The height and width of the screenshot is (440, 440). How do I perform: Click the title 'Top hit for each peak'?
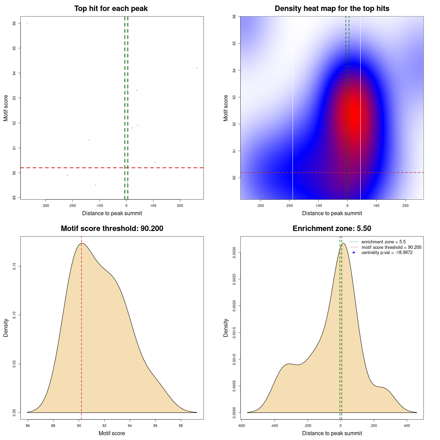(111, 9)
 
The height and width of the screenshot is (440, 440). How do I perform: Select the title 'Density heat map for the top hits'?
(332, 9)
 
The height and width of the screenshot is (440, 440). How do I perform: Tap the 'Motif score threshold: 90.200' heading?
(112, 229)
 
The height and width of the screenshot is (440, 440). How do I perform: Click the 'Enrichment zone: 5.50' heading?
(332, 229)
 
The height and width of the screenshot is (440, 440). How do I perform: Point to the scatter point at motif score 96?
(27, 23)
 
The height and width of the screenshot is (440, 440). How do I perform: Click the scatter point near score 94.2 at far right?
(197, 68)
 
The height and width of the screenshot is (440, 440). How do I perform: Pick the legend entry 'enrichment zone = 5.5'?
(383, 242)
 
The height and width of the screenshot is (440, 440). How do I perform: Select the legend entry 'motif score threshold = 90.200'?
(391, 247)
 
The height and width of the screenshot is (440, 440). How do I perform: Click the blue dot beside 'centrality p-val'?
(354, 253)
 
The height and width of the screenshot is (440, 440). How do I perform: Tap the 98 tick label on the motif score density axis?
(181, 426)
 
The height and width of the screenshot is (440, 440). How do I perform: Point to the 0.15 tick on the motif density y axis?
(14, 266)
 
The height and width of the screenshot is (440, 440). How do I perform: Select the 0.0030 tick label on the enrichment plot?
(234, 253)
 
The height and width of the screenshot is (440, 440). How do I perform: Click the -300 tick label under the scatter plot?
(45, 206)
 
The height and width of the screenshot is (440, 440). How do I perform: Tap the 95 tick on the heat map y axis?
(234, 43)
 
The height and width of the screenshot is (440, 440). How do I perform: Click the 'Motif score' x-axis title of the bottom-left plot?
(112, 433)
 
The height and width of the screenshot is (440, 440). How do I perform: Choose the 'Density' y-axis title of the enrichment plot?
(226, 328)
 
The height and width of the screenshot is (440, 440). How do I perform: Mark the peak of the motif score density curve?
(82, 243)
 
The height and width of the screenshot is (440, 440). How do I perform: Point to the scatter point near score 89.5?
(96, 185)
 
